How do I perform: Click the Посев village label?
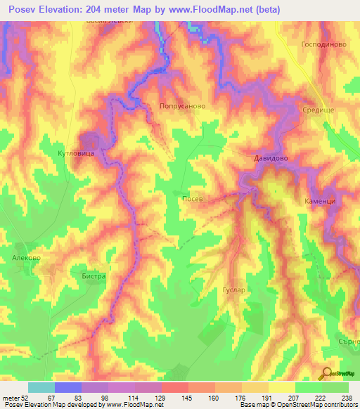[x=193, y=199]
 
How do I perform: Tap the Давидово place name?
[x=271, y=159]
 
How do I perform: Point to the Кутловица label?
[x=75, y=152]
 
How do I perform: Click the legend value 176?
[x=241, y=398]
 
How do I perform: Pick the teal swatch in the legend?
[x=41, y=387]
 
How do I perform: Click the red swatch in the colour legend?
[x=175, y=387]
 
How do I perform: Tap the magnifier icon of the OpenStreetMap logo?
[x=326, y=373]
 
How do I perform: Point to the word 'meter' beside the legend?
[x=11, y=398]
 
